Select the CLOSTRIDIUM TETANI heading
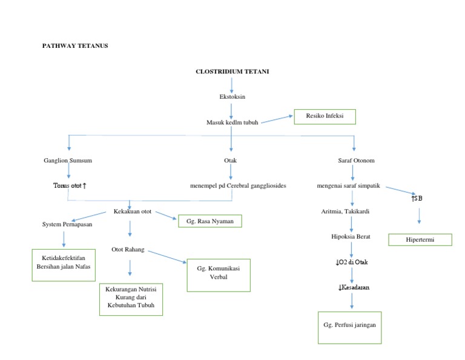pos(232,72)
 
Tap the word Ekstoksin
pos(232,96)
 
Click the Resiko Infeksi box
pos(325,116)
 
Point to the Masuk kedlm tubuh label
pos(232,122)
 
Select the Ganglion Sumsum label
pos(68,161)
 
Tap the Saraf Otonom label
pos(356,161)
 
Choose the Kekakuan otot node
pos(133,212)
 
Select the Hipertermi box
pos(420,240)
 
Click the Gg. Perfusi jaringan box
pos(350,327)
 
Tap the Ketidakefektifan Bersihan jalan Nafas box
pos(64,264)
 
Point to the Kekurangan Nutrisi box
pos(131,298)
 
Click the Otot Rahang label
pos(128,249)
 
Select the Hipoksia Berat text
pos(351,236)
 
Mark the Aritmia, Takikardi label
pos(346,212)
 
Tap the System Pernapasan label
pos(67,224)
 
